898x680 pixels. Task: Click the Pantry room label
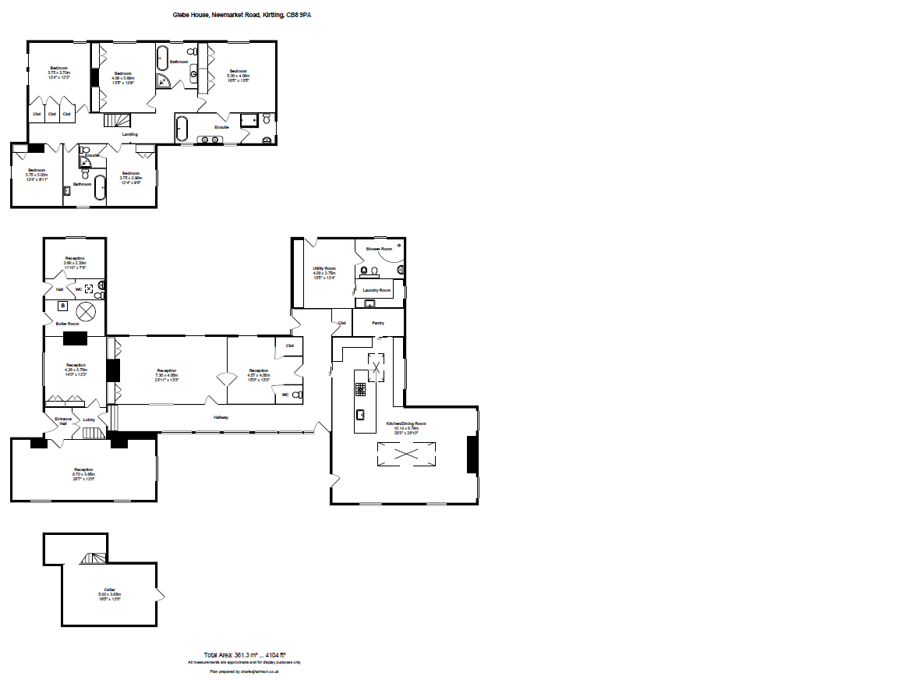(x=378, y=322)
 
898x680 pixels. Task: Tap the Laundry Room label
(x=377, y=290)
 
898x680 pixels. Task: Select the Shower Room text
(x=379, y=249)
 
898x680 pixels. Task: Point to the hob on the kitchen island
(x=361, y=388)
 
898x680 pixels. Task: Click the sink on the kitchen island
(x=362, y=413)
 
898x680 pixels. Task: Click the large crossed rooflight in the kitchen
(x=406, y=454)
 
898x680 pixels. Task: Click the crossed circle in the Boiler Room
(x=86, y=311)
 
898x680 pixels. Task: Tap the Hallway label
(x=221, y=418)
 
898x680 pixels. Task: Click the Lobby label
(x=89, y=420)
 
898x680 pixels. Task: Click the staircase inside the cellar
(x=93, y=559)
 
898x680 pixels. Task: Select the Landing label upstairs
(x=129, y=134)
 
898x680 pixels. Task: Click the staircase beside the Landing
(x=116, y=120)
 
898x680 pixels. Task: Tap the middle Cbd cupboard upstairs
(x=51, y=115)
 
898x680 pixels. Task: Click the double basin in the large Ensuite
(x=208, y=140)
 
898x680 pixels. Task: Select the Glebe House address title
(x=242, y=14)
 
